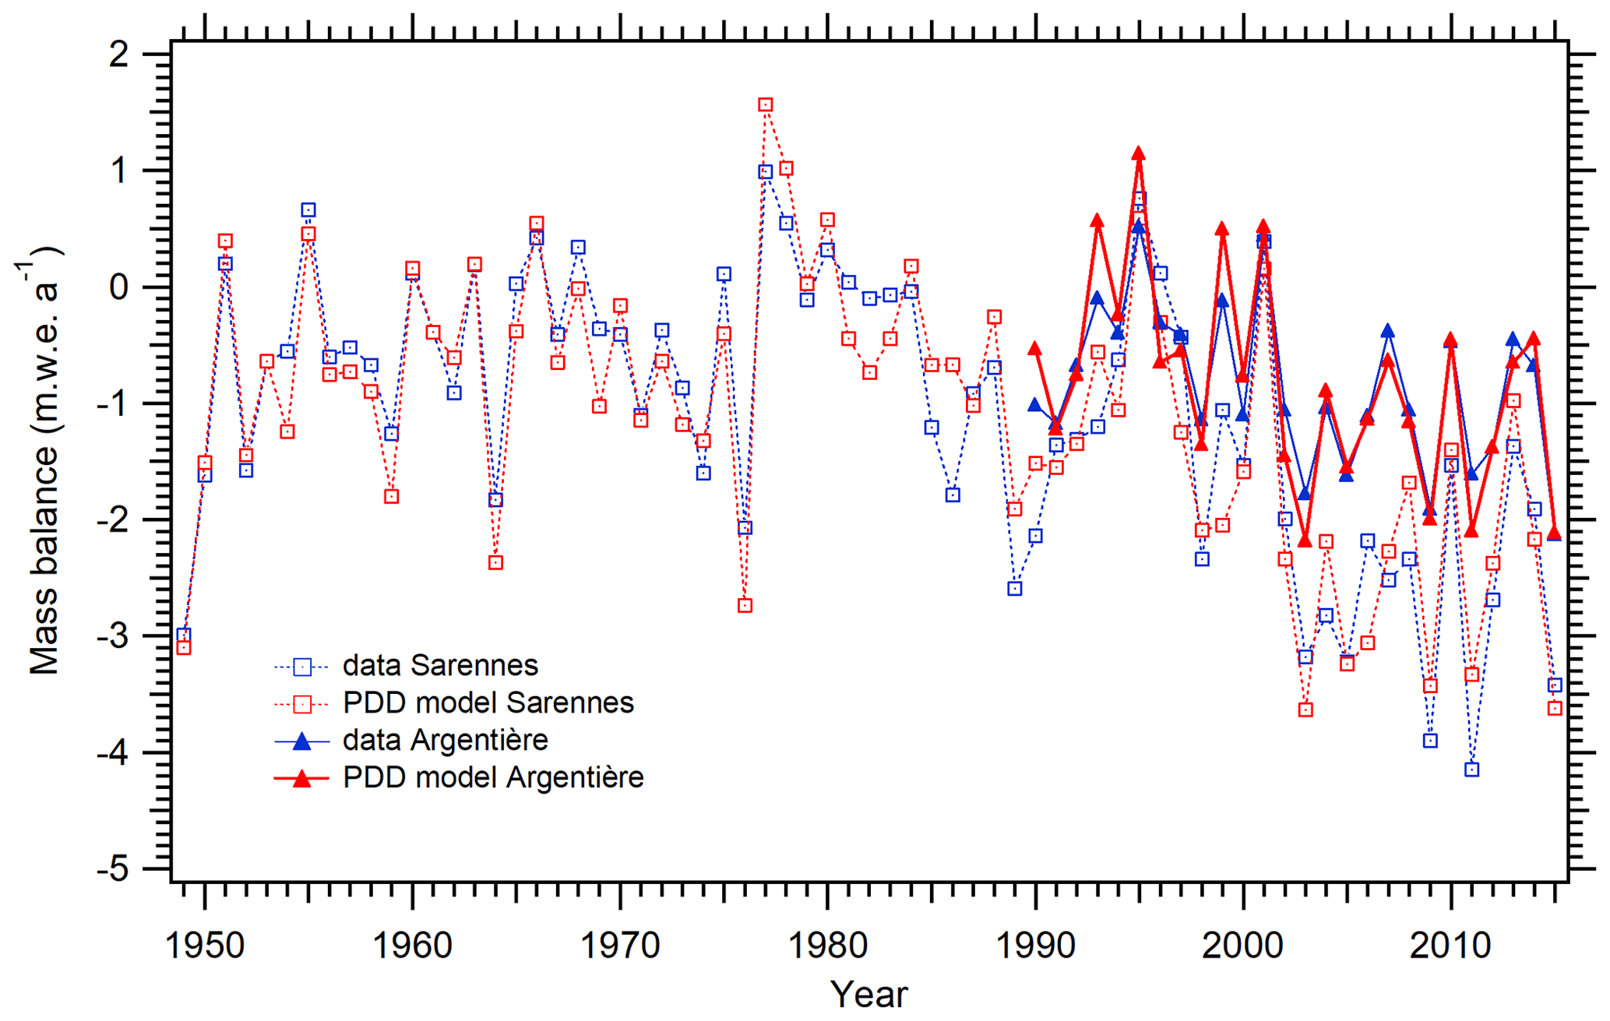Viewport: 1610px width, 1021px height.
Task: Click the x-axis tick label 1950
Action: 205,946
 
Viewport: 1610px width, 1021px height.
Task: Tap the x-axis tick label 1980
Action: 827,946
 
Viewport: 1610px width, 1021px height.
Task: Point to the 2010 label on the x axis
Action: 1450,946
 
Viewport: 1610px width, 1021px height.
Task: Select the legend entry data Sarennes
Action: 440,666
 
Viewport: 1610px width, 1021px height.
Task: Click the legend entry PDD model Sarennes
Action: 488,703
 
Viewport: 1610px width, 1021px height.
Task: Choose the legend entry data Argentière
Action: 445,740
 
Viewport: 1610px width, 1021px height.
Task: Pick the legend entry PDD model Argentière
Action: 493,777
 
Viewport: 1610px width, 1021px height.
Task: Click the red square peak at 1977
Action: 766,105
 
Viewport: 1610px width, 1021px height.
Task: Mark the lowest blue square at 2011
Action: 1471,769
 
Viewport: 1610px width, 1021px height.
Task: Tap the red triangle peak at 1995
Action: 1139,153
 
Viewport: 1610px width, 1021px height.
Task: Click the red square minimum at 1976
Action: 745,605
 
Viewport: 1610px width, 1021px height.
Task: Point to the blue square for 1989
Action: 1015,589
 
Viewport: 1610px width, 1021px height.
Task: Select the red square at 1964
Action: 495,562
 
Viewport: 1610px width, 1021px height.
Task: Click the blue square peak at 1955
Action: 308,210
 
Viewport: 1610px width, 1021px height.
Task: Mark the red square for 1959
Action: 392,496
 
